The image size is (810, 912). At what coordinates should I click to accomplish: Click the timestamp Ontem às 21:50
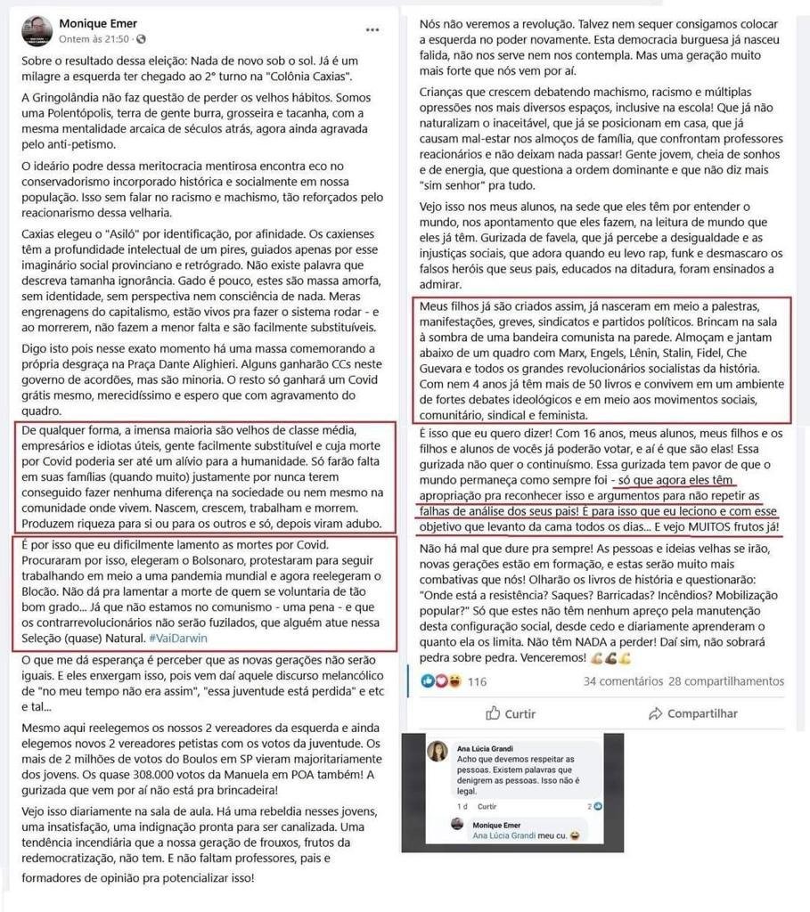[x=93, y=39]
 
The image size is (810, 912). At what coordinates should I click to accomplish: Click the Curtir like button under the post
[x=511, y=713]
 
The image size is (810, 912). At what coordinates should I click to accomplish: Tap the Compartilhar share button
[x=693, y=713]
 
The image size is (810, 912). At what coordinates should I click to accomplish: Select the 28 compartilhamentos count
[x=726, y=681]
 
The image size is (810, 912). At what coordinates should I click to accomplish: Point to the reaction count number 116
[x=477, y=681]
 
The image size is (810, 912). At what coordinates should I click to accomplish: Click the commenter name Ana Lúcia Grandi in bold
[x=484, y=748]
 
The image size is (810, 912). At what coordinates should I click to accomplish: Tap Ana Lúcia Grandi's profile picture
[x=438, y=753]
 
